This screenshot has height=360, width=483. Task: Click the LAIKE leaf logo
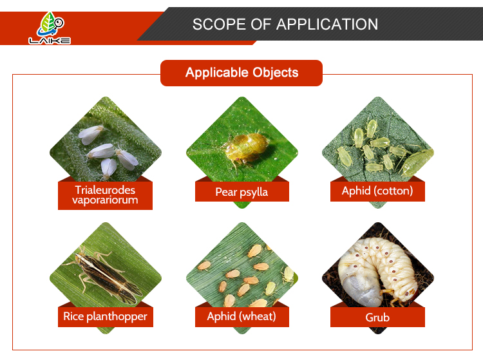coord(50,28)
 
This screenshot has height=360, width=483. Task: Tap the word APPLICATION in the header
coord(327,24)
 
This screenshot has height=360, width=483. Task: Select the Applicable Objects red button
coord(241,73)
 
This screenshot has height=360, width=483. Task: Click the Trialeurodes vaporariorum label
coord(105,195)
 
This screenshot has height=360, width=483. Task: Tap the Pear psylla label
coord(241,191)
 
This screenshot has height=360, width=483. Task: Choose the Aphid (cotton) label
coord(377,191)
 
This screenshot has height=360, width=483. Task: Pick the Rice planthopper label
coord(106,317)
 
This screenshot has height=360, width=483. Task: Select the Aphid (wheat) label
coord(241,317)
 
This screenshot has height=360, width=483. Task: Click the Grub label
coord(377,317)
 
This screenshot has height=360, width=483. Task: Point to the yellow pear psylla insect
coord(247,148)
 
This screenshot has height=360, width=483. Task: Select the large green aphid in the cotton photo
coord(417,162)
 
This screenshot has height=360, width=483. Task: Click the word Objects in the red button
coord(275,73)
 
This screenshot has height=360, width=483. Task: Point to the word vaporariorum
coord(105,200)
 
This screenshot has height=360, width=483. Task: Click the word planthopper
coord(117,317)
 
